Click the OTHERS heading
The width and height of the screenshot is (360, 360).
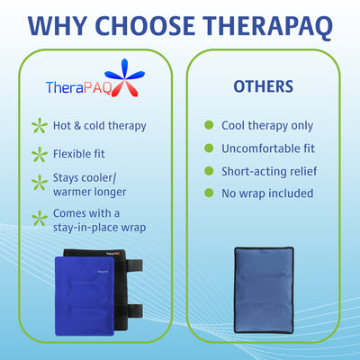[x=263, y=87]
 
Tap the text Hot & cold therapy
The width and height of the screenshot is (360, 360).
[x=99, y=126]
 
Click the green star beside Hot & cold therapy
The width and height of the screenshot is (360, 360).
[x=39, y=126]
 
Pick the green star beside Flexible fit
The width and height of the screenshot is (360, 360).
[x=39, y=155]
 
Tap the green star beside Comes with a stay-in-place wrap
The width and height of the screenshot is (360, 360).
[x=39, y=218]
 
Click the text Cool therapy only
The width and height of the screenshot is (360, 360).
[x=267, y=125]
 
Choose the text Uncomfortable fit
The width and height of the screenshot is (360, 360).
[x=267, y=148]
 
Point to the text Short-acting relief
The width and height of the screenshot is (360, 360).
[x=269, y=171]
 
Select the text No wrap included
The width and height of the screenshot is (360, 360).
[x=267, y=193]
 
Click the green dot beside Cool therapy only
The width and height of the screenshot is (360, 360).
[x=209, y=125]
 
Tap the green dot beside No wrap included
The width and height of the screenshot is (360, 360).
[x=209, y=193]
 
